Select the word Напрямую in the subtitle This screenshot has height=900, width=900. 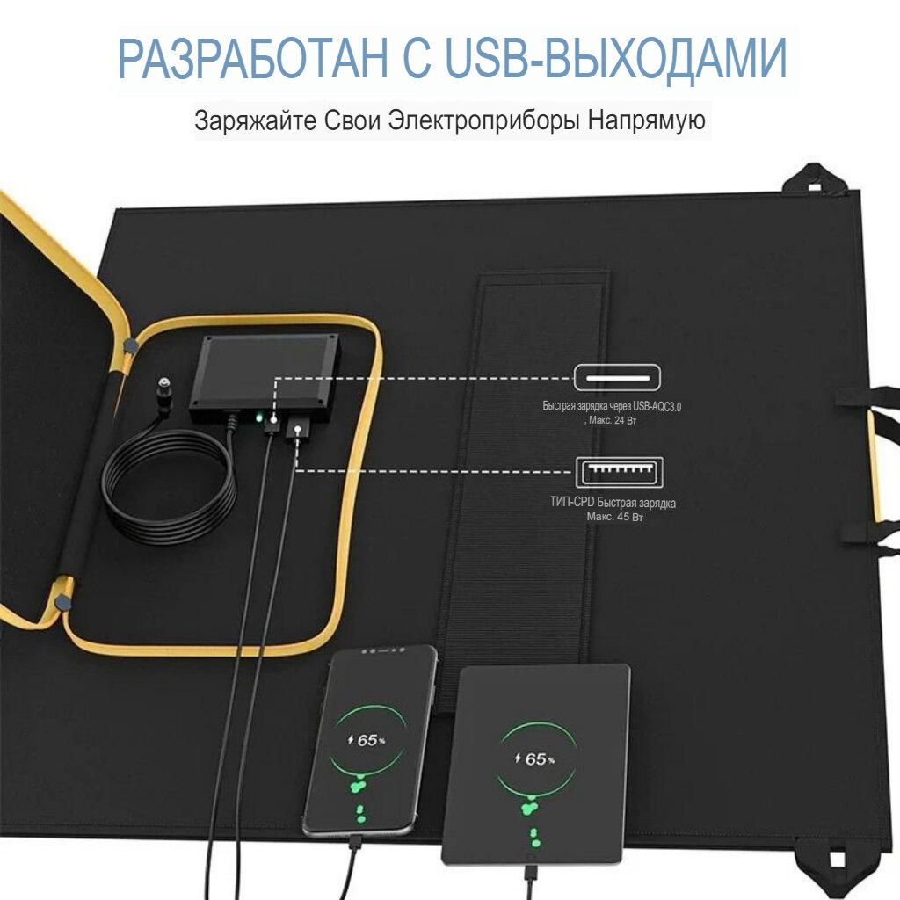647,120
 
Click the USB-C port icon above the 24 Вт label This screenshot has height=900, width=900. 618,378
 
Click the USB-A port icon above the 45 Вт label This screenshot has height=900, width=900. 619,473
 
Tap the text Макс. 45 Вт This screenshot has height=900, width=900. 615,518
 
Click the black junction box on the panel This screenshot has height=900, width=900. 264,374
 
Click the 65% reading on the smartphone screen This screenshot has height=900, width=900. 369,740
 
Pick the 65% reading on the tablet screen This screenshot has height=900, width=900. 535,758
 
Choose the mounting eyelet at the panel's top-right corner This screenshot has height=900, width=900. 812,181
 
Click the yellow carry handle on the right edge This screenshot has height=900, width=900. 875,466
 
